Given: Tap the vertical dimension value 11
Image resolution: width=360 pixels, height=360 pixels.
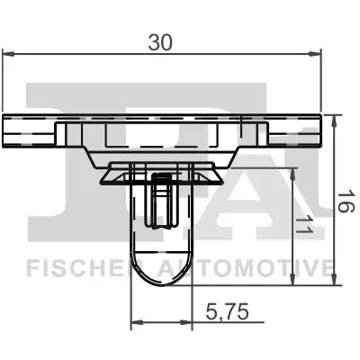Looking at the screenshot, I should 306,228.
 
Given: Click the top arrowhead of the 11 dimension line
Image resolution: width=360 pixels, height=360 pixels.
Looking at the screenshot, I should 295,171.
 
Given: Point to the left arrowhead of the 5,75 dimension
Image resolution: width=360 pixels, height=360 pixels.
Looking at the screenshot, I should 136,321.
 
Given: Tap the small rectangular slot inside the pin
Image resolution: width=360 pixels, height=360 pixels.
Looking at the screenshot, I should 162,200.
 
